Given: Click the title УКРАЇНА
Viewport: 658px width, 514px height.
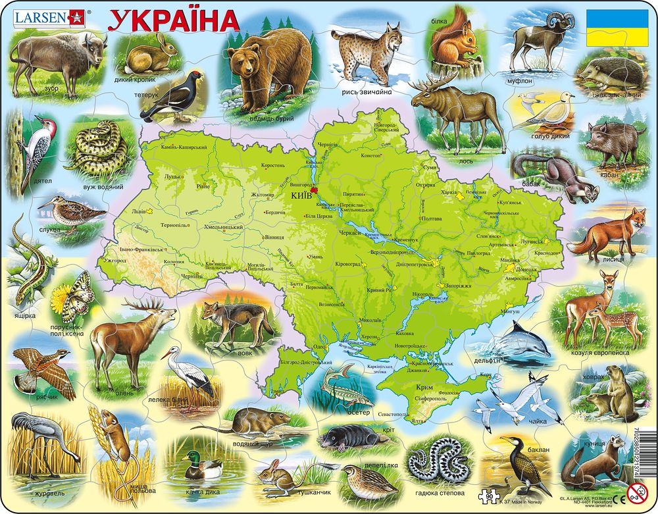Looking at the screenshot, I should pyautogui.click(x=174, y=21).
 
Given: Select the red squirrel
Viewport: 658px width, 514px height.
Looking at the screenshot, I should pyautogui.click(x=454, y=43).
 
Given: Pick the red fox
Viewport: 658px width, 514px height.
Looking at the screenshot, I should pyautogui.click(x=605, y=234).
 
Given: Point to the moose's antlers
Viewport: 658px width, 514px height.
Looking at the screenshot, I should pyautogui.click(x=431, y=82).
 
